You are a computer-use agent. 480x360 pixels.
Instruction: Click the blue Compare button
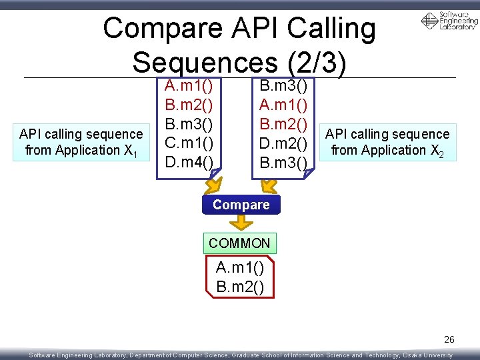[x=241, y=205]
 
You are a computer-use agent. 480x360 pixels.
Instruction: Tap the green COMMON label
[x=239, y=243]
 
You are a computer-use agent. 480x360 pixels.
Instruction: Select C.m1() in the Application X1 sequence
[x=189, y=143]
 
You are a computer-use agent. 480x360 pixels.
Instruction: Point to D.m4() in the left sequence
[x=189, y=161]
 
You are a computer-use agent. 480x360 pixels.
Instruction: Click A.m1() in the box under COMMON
[x=240, y=269]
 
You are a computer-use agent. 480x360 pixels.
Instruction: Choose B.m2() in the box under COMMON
[x=240, y=287]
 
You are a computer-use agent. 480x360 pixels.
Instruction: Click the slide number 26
[x=449, y=340]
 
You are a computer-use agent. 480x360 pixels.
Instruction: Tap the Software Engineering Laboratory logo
[x=449, y=21]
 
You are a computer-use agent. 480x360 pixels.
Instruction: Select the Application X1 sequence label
[x=81, y=142]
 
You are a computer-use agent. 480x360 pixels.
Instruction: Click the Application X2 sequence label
[x=387, y=142]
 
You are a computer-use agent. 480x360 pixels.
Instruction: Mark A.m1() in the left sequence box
[x=189, y=86]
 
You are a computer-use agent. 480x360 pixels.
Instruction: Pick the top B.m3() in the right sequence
[x=283, y=86]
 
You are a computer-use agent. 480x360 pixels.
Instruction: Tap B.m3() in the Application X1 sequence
[x=189, y=124]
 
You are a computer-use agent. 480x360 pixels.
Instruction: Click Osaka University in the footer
[x=428, y=355]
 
